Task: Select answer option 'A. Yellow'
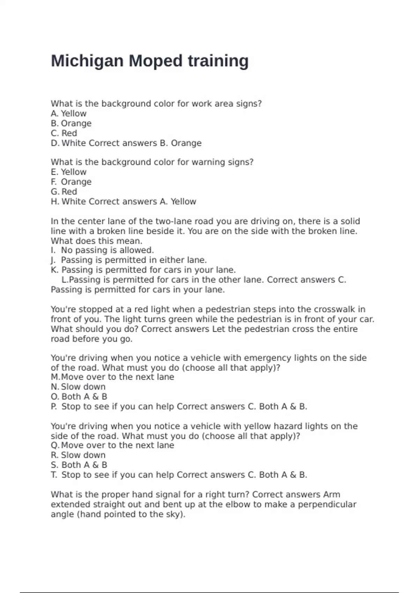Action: click(x=69, y=114)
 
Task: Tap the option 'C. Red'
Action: click(x=64, y=133)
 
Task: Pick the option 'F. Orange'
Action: click(x=71, y=182)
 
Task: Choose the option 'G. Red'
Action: click(x=64, y=192)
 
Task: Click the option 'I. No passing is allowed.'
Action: click(x=102, y=250)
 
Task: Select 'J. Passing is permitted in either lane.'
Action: click(x=129, y=260)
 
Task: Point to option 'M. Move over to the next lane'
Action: click(x=112, y=377)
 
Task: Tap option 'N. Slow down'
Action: click(x=78, y=387)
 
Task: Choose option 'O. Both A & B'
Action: click(x=79, y=397)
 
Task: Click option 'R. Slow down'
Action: click(x=78, y=455)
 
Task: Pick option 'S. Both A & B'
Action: click(x=79, y=465)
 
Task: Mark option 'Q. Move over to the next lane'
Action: click(x=112, y=445)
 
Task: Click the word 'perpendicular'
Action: click(x=327, y=504)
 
